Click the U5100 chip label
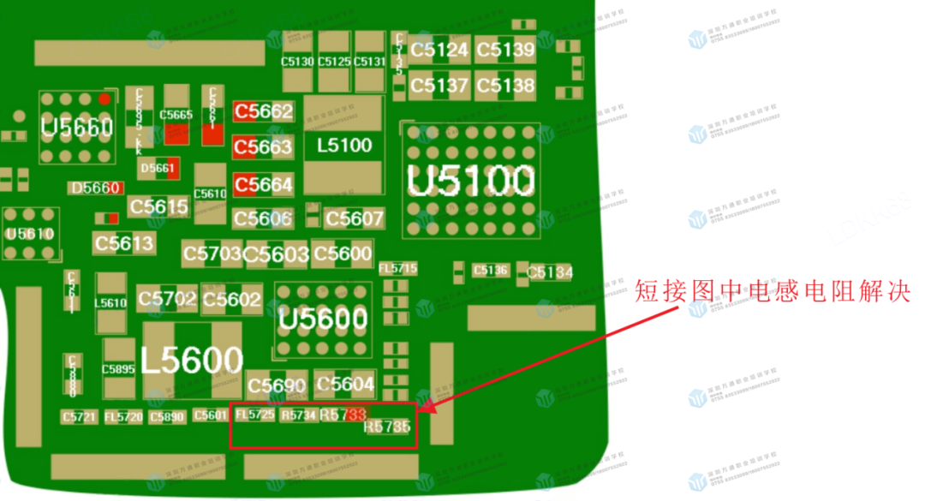(471, 181)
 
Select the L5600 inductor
(193, 361)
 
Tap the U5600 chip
(323, 319)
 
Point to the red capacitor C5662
(264, 111)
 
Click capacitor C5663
(264, 147)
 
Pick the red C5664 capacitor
(264, 184)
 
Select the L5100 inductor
(344, 146)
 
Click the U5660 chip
(77, 128)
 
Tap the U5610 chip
(30, 234)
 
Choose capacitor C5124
(439, 50)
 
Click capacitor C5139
(505, 50)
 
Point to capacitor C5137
(439, 85)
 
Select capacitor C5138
(505, 85)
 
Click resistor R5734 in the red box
(299, 415)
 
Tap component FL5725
(255, 415)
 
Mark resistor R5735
(387, 426)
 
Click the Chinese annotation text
(771, 292)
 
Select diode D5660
(96, 188)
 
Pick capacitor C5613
(124, 243)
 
